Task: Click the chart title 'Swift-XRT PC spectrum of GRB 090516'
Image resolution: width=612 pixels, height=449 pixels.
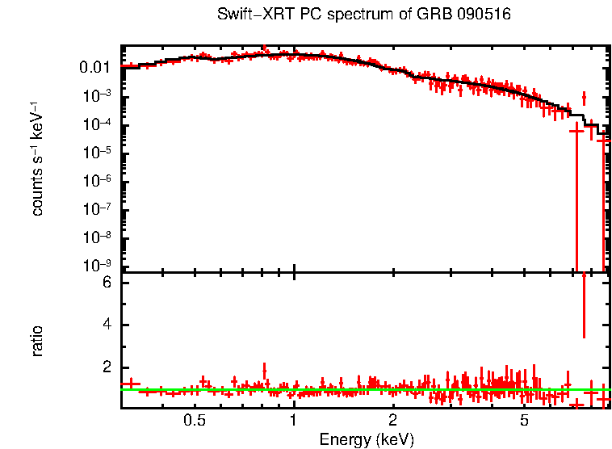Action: tap(364, 15)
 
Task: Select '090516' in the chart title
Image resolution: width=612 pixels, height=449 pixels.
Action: tap(485, 15)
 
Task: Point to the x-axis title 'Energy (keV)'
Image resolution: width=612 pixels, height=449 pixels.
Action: tap(367, 439)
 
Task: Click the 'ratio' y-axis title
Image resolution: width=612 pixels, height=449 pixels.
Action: tap(37, 341)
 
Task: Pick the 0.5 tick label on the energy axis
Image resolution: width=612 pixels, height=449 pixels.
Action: tap(194, 420)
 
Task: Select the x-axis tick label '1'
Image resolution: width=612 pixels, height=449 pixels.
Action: tap(293, 420)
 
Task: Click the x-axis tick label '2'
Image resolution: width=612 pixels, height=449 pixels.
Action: tap(392, 420)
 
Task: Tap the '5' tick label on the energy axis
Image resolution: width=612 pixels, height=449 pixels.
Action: tap(524, 420)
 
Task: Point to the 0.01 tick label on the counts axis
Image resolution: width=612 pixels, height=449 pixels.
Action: tap(94, 67)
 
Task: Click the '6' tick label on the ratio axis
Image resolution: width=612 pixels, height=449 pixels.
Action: tap(106, 283)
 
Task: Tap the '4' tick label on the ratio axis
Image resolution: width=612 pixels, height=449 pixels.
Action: tap(106, 325)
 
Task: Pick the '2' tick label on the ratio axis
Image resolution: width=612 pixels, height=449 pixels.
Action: tap(106, 367)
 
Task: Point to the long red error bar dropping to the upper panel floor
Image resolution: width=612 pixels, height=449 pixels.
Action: tap(576, 202)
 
